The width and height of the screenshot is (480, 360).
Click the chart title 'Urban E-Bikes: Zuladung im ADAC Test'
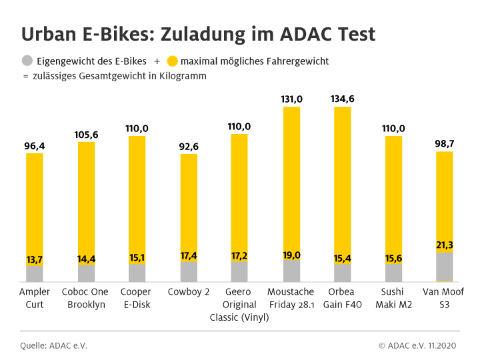pos(198,34)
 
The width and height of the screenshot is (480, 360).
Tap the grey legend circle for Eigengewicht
pos(27,61)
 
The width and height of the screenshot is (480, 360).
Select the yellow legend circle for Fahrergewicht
pos(171,61)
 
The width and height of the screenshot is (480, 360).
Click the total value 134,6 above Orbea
pos(343,99)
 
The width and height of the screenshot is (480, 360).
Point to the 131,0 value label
pos(291,99)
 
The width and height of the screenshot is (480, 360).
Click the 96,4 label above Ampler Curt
pos(35,145)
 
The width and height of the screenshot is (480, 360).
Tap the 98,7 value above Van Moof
pos(445,144)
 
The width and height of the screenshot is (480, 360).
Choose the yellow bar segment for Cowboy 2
pos(189,200)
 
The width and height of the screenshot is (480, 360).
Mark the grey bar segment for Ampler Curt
pos(35,275)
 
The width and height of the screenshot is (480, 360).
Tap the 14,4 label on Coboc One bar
pos(86,259)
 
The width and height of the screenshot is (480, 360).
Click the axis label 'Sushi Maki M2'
pos(393,298)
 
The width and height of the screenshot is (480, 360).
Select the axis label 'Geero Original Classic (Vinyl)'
pos(239,305)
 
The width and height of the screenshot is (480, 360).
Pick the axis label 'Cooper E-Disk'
pos(137,298)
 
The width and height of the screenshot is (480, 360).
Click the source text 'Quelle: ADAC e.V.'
pos(53,345)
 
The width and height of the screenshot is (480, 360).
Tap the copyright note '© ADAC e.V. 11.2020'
pos(419,345)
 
